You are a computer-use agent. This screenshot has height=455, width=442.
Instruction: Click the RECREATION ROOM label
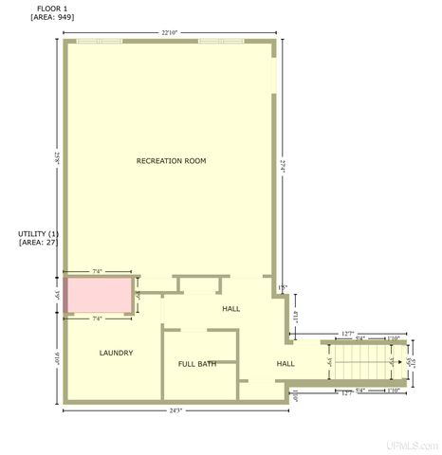171,161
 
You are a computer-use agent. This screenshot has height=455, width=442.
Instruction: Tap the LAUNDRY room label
116,353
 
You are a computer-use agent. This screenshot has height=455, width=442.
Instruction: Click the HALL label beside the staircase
285,363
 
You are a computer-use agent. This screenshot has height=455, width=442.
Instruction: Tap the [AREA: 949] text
52,18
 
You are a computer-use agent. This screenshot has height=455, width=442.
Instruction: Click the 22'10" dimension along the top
170,33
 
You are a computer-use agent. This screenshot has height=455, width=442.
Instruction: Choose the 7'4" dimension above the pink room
97,272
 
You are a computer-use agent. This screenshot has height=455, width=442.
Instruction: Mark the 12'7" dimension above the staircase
348,333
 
